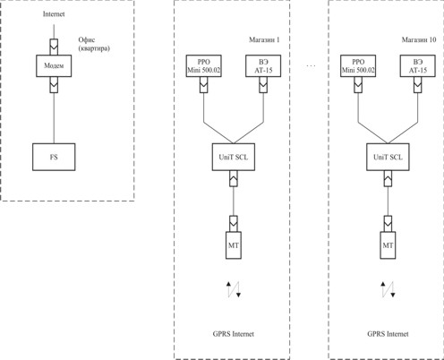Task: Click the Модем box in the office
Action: [54, 65]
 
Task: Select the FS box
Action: [54, 157]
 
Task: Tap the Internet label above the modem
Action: [54, 14]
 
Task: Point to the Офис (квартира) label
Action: [94, 44]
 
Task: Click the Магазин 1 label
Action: [264, 39]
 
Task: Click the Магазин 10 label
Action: [419, 39]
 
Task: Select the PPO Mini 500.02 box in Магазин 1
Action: [204, 65]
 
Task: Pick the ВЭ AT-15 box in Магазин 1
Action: [263, 65]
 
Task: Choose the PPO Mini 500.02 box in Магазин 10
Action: [358, 65]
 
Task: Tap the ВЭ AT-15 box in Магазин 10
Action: [418, 65]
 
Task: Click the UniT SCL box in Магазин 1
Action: [234, 157]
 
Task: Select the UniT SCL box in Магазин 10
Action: [388, 157]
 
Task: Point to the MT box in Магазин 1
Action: [234, 245]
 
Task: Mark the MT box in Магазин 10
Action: [388, 245]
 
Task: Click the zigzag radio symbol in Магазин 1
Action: [234, 289]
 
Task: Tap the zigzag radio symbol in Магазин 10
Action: [388, 289]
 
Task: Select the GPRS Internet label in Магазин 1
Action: [234, 334]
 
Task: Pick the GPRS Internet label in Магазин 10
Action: [388, 334]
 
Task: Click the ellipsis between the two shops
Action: [311, 65]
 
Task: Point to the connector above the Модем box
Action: [54, 47]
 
